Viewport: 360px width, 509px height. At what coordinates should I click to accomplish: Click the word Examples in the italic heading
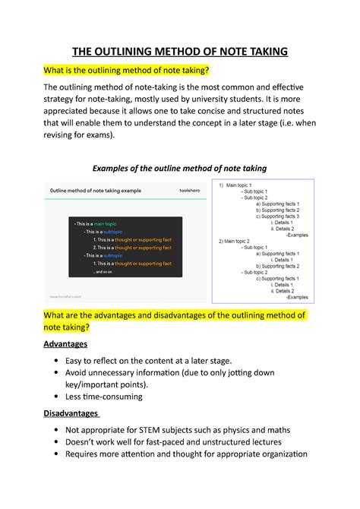point(118,167)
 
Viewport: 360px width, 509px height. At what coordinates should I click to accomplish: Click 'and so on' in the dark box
point(104,271)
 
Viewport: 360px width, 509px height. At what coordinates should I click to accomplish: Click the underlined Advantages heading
point(67,343)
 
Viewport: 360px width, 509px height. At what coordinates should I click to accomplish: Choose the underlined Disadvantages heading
point(72,413)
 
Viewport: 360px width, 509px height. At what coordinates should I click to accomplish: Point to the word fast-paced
point(180,442)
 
